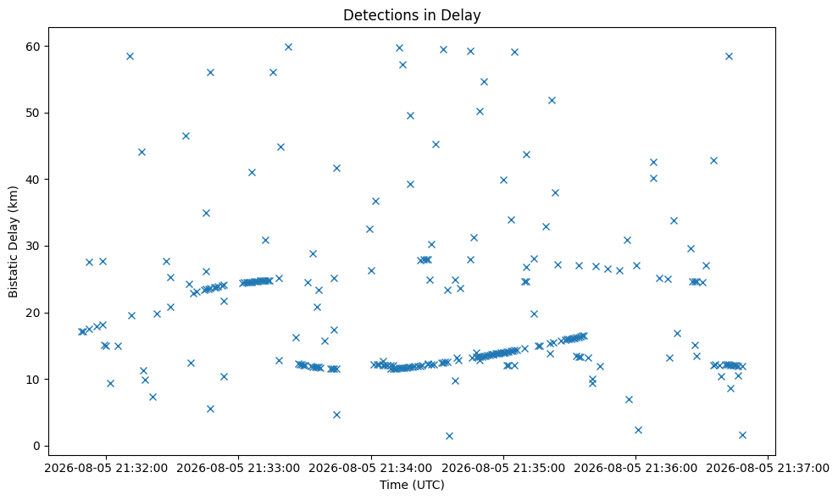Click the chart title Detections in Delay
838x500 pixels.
(412, 15)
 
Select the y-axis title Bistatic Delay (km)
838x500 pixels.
(13, 242)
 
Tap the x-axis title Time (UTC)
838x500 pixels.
(412, 485)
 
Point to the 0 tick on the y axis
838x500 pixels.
(36, 446)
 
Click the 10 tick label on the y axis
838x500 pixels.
(33, 380)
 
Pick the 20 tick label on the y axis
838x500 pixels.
(33, 313)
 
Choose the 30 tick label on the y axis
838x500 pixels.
(33, 246)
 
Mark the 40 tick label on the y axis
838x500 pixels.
(33, 180)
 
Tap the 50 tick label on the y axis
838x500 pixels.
(33, 113)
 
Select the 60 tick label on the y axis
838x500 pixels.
(33, 47)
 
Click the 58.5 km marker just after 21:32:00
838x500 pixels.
(130, 56)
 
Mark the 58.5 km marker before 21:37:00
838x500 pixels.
(729, 56)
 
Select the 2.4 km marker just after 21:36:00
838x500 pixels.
(638, 430)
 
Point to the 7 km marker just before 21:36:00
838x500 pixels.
(629, 399)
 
